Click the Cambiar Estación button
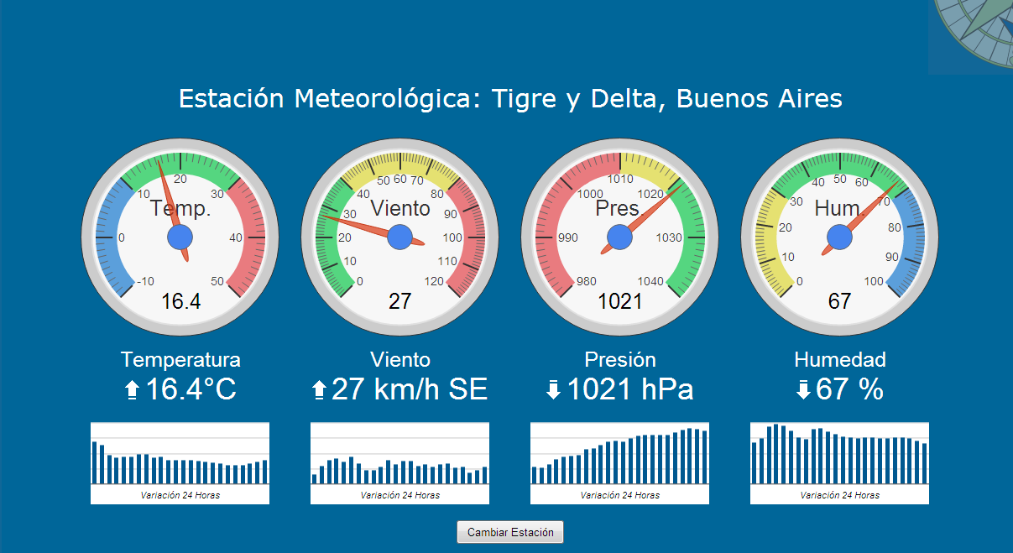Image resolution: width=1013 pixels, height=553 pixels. (x=510, y=532)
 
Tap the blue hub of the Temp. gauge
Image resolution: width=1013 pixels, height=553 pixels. (x=180, y=237)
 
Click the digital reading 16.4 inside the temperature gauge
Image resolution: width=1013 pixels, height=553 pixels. (x=180, y=301)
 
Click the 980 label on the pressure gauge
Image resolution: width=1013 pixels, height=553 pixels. (x=587, y=282)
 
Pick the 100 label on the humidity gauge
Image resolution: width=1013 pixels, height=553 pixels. (x=874, y=282)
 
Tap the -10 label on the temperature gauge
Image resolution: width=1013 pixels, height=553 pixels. (x=144, y=282)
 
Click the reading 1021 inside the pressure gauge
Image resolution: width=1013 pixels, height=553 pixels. (x=620, y=301)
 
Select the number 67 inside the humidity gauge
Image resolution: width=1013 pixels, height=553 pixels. (x=839, y=301)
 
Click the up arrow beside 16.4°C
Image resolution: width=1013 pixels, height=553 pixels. (x=132, y=390)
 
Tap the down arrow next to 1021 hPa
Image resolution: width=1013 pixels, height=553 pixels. (x=552, y=390)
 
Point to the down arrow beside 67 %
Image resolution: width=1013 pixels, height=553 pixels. (x=803, y=390)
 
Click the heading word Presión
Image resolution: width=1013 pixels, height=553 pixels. (x=620, y=360)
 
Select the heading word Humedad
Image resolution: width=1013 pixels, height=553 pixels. (x=840, y=360)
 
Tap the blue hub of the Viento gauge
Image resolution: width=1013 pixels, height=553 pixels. (x=400, y=237)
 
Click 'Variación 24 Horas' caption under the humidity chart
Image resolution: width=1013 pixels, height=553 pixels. (x=840, y=495)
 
